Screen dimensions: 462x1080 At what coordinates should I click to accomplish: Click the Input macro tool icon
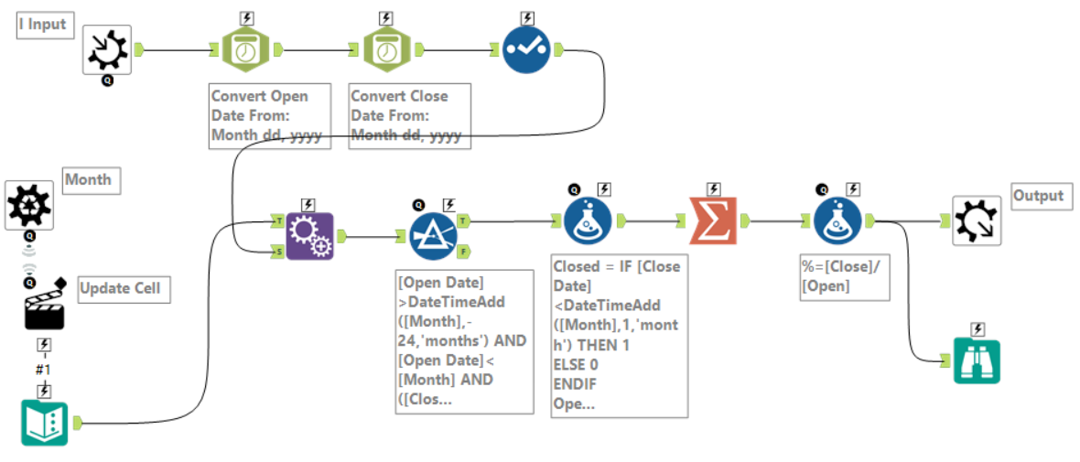click(107, 49)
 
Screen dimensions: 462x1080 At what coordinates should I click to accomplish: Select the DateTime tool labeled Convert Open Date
click(244, 49)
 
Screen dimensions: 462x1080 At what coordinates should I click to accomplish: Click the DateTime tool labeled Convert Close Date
click(384, 49)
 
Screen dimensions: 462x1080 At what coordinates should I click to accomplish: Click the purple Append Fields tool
click(309, 236)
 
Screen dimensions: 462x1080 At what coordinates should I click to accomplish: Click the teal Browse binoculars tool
click(976, 360)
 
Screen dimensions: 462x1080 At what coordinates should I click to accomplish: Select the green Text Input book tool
click(45, 423)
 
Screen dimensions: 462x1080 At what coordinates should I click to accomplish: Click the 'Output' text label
click(1039, 196)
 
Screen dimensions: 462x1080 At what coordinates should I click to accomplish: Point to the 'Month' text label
click(89, 180)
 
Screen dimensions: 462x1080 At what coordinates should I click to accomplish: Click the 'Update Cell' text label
click(121, 289)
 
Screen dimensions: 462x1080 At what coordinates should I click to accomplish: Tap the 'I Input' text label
click(44, 25)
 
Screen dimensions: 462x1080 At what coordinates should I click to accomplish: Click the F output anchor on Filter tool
click(464, 252)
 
